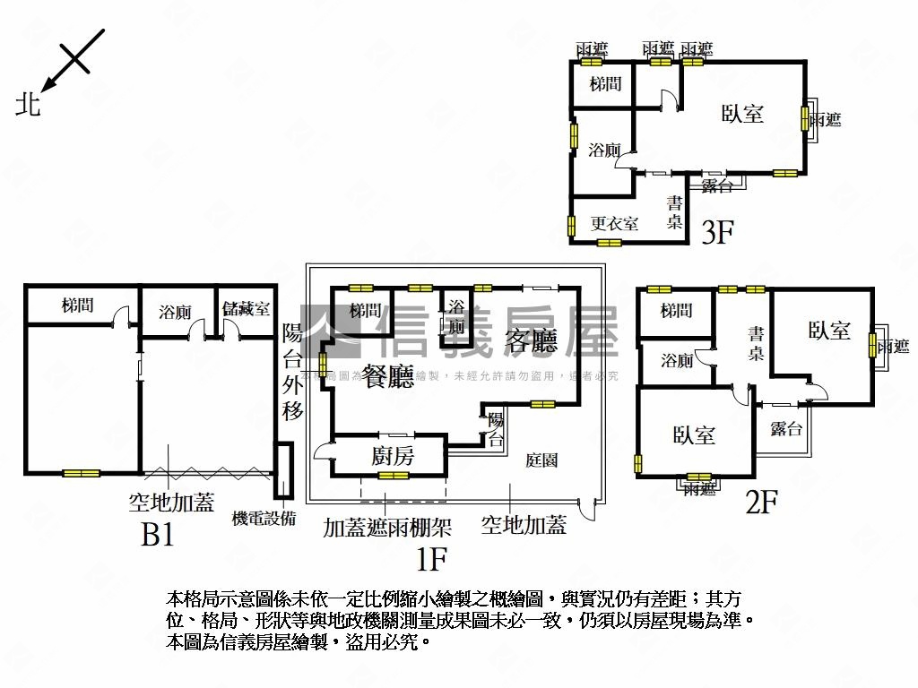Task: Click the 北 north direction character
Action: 28,105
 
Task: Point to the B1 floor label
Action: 157,535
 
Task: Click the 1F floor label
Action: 431,560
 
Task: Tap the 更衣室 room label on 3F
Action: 614,223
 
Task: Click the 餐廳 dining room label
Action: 389,376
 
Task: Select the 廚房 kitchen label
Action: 393,456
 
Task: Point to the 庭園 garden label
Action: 542,460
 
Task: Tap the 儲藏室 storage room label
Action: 247,310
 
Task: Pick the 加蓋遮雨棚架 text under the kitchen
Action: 387,527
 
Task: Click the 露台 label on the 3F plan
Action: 716,185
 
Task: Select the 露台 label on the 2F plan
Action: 785,429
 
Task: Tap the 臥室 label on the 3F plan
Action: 743,114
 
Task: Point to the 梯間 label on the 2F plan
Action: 676,311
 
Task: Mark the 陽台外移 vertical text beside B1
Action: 293,372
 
